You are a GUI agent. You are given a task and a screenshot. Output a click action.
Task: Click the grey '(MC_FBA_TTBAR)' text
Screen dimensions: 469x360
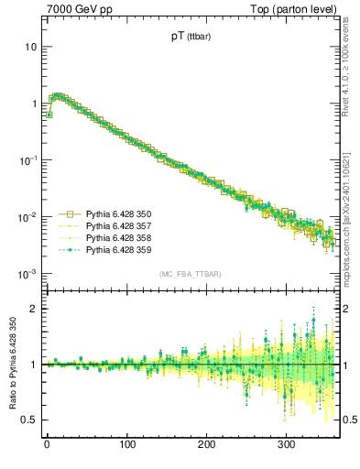click(189, 275)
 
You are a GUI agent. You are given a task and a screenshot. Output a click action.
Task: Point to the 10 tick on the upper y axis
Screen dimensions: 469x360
click(30, 46)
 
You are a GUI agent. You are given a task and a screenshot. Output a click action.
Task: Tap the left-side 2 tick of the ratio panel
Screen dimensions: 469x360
click(34, 309)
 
